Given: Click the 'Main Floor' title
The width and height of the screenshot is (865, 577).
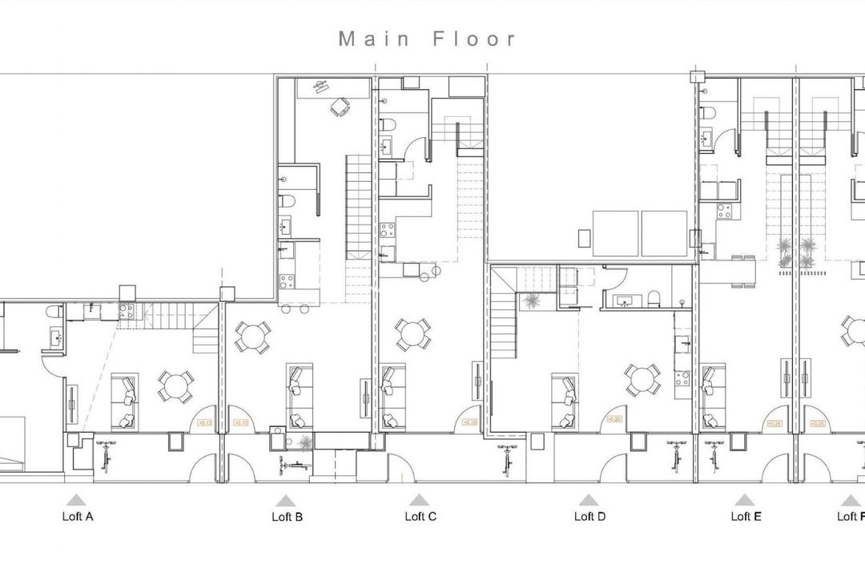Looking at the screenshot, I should coord(428,39).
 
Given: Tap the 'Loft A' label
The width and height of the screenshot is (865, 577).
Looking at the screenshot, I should coord(78,517).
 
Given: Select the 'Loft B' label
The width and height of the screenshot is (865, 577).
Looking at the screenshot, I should coord(287,518).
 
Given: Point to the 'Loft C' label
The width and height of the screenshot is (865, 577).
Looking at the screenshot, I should coord(420,517).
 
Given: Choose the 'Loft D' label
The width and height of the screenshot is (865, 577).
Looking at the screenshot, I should coord(589,517).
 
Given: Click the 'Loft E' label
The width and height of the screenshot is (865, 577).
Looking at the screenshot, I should coord(746,517).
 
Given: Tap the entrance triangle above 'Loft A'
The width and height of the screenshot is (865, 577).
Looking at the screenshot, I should coord(76,499).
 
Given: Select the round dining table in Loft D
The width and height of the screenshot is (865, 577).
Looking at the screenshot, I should coord(643,379).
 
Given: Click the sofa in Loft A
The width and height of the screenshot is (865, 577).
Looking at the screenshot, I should coord(125,401).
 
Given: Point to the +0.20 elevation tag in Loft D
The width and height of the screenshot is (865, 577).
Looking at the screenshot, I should coord(615,419).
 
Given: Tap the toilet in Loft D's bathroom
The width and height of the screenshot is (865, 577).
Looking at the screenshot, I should coord(654,299).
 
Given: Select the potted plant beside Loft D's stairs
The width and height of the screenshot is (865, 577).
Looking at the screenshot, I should coord(529,301).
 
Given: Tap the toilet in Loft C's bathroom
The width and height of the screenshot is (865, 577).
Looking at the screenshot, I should coord(385,125).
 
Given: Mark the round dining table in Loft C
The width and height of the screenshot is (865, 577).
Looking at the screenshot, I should coord(412,334).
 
